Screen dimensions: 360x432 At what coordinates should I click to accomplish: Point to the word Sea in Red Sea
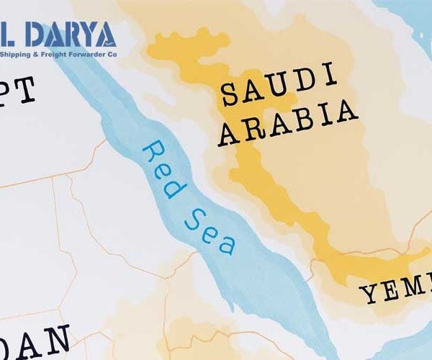click(x=209, y=227)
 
